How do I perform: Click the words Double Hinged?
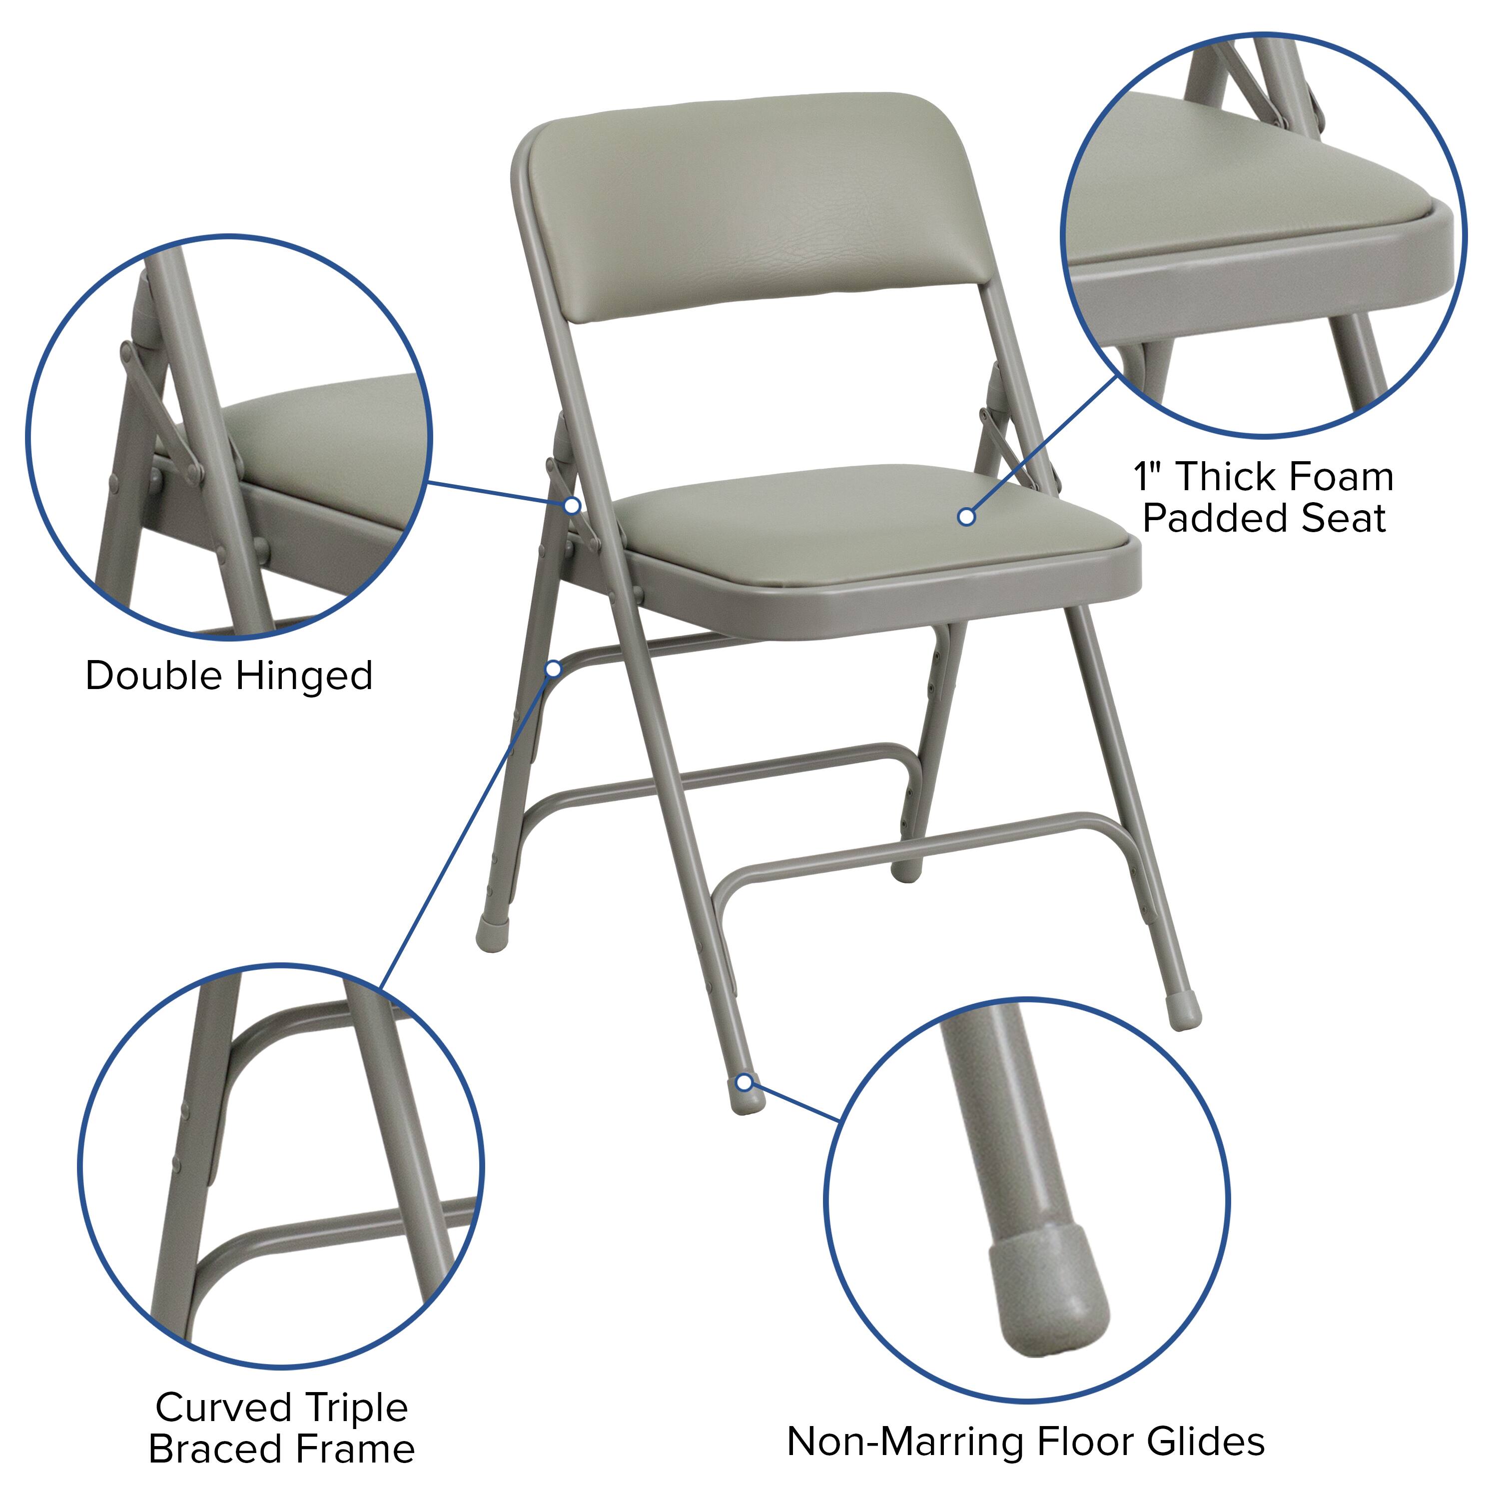point(229,675)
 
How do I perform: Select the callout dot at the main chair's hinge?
point(572,505)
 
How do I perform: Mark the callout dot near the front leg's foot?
point(744,1082)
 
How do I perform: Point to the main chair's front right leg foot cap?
point(1184,1012)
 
